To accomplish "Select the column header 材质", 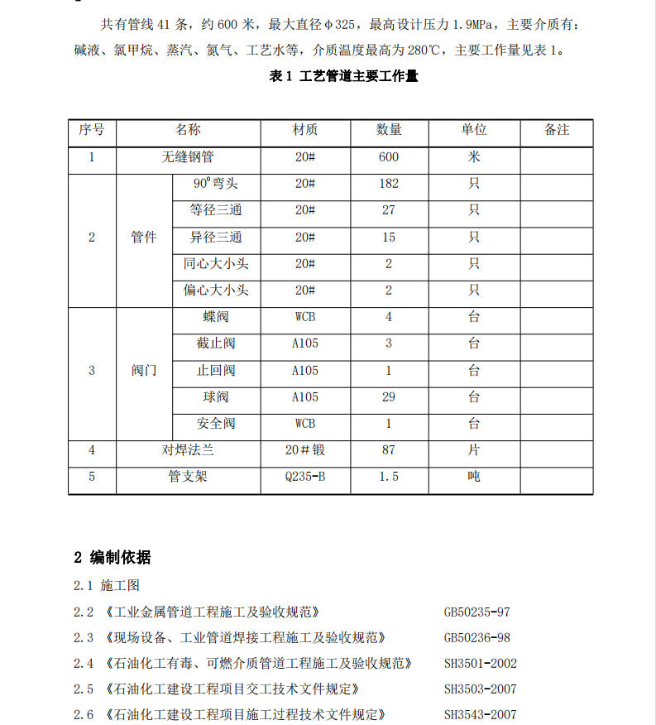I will (305, 130).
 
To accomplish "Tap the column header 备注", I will (557, 130).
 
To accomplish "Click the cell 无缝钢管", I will (188, 157).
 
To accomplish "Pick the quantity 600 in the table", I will (388, 157).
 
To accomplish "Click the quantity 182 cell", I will (388, 184).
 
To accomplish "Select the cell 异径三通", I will (216, 238).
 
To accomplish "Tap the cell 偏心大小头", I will (216, 290).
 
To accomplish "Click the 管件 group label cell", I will (144, 238).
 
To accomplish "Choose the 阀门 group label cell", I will (144, 371).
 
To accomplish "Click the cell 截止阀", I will (216, 344).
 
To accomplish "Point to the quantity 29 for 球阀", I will (388, 397).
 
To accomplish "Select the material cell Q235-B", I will (305, 478).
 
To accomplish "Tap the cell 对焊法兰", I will (188, 451).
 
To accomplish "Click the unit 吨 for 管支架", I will (474, 478).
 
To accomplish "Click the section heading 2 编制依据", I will (113, 557).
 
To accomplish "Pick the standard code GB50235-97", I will (477, 612).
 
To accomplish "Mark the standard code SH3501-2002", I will (481, 663).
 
